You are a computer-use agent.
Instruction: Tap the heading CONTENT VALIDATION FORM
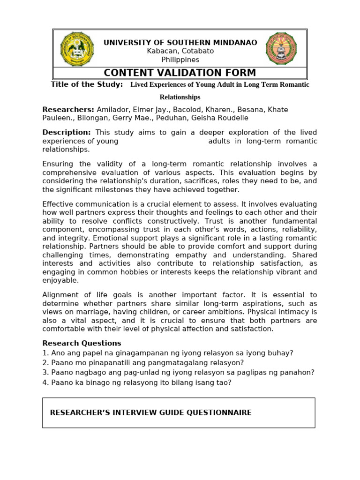(180, 73)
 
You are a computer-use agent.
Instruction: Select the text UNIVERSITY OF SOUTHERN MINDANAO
(180, 43)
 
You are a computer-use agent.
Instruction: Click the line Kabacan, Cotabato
(180, 51)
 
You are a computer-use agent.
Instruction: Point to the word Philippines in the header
(180, 60)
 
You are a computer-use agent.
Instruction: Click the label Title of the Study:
(87, 84)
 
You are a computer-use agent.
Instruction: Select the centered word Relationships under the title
(180, 97)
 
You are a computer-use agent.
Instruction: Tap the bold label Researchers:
(68, 109)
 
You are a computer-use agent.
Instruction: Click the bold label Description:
(67, 133)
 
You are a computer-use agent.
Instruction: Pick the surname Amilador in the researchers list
(113, 109)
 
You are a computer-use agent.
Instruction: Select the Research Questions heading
(82, 343)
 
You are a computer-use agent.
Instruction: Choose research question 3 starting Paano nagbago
(178, 373)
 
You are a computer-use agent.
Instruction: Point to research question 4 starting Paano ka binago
(137, 382)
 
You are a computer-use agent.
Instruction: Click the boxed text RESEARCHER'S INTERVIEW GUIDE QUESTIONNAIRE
(150, 412)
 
